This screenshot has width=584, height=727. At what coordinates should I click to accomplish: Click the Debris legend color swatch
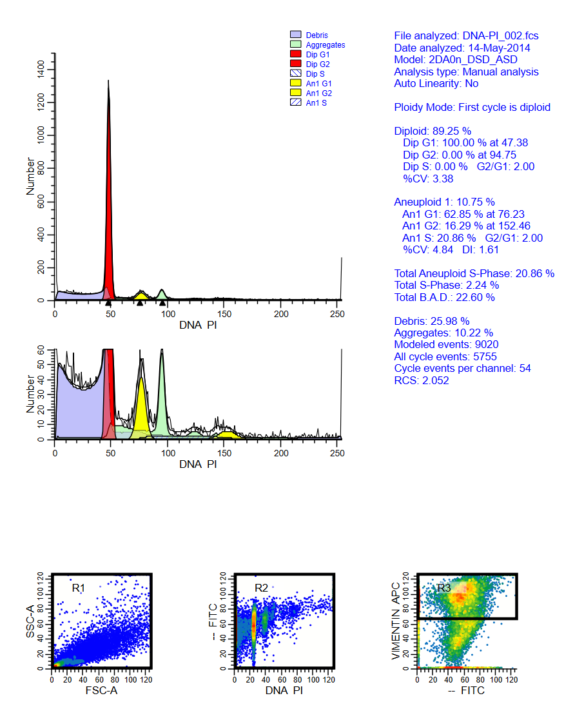(x=296, y=35)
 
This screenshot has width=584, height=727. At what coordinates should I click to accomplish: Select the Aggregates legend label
(x=326, y=45)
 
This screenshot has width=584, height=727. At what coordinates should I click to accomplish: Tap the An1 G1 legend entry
(x=318, y=83)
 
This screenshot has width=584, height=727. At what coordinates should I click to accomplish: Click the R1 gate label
(x=79, y=587)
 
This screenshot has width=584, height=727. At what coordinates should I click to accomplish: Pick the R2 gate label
(x=261, y=587)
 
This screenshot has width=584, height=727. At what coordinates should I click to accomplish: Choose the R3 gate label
(x=444, y=587)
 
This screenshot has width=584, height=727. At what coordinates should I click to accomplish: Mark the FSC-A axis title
(x=101, y=691)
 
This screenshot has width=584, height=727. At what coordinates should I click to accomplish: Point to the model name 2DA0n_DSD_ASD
(x=472, y=60)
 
